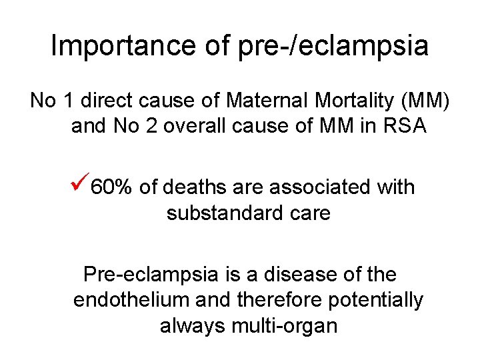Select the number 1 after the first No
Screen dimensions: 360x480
tap(68, 101)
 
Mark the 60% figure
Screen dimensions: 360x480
tap(111, 187)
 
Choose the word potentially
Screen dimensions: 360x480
tap(376, 300)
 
